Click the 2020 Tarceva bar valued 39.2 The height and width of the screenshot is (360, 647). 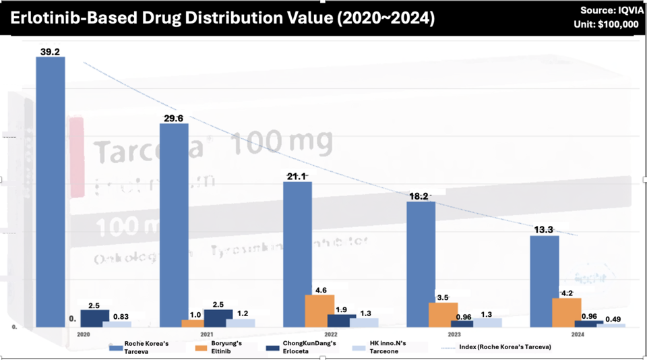[x=51, y=192]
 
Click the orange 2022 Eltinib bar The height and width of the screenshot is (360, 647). [x=319, y=311]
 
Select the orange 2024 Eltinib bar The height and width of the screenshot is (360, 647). [x=567, y=312]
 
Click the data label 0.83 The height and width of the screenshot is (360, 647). [x=121, y=316]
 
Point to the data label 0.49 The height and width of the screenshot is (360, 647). [x=613, y=319]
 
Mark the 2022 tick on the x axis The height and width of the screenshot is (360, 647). [x=330, y=334]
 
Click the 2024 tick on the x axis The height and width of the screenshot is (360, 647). [x=578, y=334]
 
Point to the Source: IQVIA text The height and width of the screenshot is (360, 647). [x=609, y=10]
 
